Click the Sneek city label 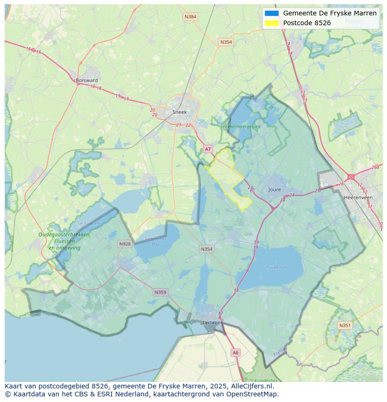[x=179, y=112]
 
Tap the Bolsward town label [x=86, y=80]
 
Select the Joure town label [x=275, y=190]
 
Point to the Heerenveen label [x=358, y=197]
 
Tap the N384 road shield [x=190, y=17]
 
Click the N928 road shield [x=125, y=244]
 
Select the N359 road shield [x=160, y=292]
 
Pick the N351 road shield [x=345, y=325]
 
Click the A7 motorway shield [x=208, y=149]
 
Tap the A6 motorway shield [x=236, y=353]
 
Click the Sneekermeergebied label [x=240, y=126]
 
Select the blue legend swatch [x=272, y=13]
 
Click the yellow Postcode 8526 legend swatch [x=272, y=23]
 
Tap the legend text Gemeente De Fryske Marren [x=330, y=13]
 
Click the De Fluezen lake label [x=88, y=223]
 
